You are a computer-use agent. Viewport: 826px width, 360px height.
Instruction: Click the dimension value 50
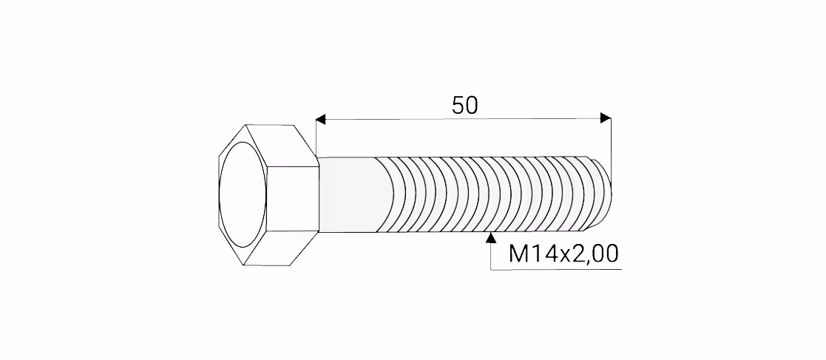[464, 106]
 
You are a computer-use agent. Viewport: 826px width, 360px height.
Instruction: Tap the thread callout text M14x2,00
[563, 254]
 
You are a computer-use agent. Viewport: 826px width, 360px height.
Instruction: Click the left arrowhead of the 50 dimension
[321, 119]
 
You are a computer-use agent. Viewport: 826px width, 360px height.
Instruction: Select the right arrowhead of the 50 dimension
[606, 118]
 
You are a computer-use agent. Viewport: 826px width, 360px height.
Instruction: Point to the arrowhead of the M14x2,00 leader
[492, 237]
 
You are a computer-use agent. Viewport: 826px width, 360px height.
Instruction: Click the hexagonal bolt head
[268, 194]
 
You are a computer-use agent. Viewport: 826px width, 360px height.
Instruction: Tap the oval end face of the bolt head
[243, 194]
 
